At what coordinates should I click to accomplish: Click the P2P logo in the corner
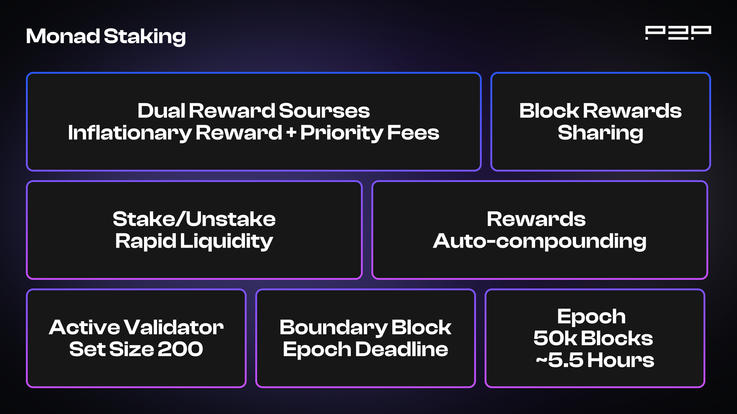678,33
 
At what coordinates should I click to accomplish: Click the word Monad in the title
63,36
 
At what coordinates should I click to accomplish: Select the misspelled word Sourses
324,111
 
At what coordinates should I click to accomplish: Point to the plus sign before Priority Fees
291,132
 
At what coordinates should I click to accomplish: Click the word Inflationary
130,133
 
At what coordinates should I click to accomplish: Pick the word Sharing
600,133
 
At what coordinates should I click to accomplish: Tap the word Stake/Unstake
194,219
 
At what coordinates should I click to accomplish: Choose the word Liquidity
226,242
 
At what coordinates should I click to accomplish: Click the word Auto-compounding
539,242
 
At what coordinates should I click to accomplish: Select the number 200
181,349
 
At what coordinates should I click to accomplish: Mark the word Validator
174,327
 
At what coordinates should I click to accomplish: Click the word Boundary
333,328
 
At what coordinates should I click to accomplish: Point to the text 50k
555,338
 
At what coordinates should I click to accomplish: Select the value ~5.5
560,360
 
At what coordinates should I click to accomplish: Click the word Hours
621,360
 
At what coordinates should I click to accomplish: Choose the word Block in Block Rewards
549,111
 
